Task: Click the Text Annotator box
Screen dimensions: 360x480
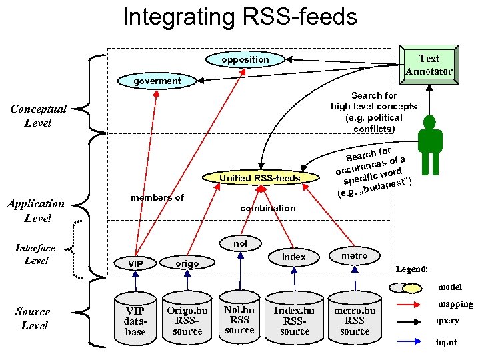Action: (429, 64)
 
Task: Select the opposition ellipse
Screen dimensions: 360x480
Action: (245, 60)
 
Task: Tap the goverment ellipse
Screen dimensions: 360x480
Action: (157, 81)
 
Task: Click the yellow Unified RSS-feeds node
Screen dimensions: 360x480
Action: (261, 178)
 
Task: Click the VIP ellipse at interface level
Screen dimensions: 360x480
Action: (135, 264)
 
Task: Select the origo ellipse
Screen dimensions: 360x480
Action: (187, 263)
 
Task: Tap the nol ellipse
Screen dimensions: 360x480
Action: (240, 244)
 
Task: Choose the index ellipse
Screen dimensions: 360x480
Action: (294, 257)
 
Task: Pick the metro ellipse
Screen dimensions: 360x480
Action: (355, 256)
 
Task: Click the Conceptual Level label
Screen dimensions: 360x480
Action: (37, 116)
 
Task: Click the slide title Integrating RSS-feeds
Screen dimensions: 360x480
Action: (239, 17)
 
